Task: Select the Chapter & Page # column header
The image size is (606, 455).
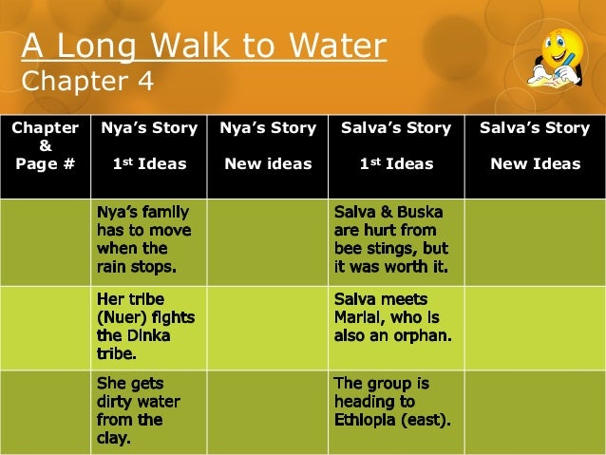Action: click(45, 145)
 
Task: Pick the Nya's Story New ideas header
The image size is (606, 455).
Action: click(267, 145)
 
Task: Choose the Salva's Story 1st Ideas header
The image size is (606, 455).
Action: click(395, 145)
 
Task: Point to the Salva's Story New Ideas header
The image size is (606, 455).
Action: click(535, 145)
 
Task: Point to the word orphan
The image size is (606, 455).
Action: click(421, 334)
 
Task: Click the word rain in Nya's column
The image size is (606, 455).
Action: click(114, 265)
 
